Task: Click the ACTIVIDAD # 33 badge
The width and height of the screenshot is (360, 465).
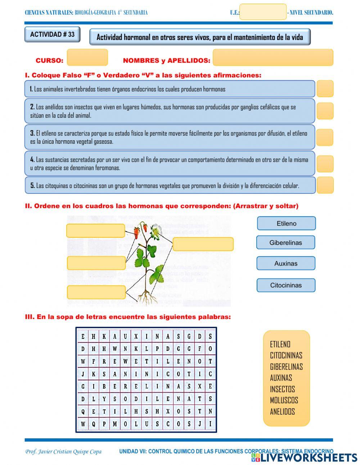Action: pos(52,35)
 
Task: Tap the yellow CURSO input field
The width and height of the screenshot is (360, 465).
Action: pos(87,57)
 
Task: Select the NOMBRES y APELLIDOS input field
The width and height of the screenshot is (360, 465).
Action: pos(273,58)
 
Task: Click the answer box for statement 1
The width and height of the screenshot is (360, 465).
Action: pos(325,89)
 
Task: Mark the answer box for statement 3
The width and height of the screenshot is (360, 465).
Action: pos(325,137)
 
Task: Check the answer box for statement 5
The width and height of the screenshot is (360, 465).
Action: pos(325,185)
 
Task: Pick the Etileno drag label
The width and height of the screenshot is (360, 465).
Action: pos(286,223)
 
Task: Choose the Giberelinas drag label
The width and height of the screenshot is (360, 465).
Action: pos(285,242)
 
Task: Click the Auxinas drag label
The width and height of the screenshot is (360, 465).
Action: pos(286,263)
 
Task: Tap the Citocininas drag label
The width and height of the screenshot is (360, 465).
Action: pos(286,285)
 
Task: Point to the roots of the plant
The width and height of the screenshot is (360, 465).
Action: pos(145,296)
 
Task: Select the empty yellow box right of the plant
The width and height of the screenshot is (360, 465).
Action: pos(203,244)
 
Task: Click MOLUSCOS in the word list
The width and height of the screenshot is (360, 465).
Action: pos(284,400)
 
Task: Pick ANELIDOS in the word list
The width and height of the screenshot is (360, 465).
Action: pos(282,411)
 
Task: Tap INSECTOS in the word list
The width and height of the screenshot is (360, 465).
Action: pos(282,389)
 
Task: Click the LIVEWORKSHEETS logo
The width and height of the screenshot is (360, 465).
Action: pos(304,457)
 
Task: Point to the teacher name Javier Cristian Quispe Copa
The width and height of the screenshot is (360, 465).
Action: pos(63,452)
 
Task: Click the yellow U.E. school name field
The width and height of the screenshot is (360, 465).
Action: pos(263,12)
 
